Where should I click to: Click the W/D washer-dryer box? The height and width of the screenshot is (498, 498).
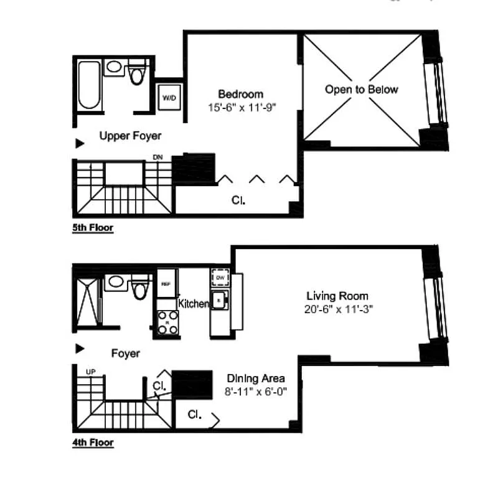tap(169, 98)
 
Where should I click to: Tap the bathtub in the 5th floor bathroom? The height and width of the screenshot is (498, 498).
tap(89, 85)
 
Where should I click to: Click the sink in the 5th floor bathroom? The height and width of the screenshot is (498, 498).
tap(115, 67)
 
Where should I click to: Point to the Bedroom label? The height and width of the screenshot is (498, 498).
tap(240, 94)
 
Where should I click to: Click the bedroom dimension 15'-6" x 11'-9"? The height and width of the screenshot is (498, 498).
tap(242, 107)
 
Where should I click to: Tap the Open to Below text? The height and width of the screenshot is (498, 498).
tap(361, 90)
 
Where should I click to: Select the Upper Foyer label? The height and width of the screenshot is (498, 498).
tap(130, 136)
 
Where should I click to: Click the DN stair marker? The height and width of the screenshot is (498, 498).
tap(157, 157)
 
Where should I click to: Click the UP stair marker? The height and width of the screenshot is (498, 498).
tap(90, 372)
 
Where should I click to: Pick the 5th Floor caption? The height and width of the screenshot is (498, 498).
tap(93, 228)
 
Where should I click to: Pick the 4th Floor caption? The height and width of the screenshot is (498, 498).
tap(93, 444)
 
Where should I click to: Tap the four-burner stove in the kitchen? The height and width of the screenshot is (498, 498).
tap(167, 322)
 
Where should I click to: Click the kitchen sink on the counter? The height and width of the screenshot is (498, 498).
tap(219, 300)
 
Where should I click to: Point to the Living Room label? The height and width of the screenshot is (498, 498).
tap(337, 296)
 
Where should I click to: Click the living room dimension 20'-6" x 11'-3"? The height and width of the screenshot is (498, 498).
tap(337, 309)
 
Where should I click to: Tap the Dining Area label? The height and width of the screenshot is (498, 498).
tap(256, 378)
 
